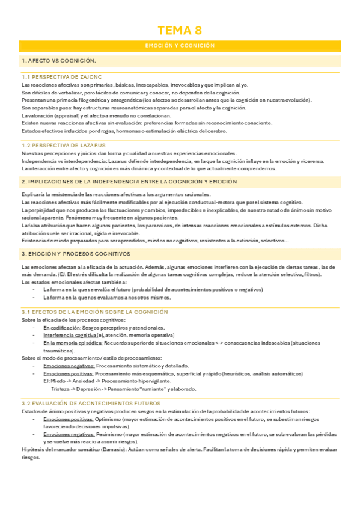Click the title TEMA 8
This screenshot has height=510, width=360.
(180, 31)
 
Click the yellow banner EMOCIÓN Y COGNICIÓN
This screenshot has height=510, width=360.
(180, 46)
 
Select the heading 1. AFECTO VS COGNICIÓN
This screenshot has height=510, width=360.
(58, 61)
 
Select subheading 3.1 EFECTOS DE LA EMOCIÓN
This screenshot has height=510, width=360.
(94, 312)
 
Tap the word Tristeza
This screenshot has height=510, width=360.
(61, 389)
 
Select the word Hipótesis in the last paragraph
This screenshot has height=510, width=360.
(31, 449)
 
